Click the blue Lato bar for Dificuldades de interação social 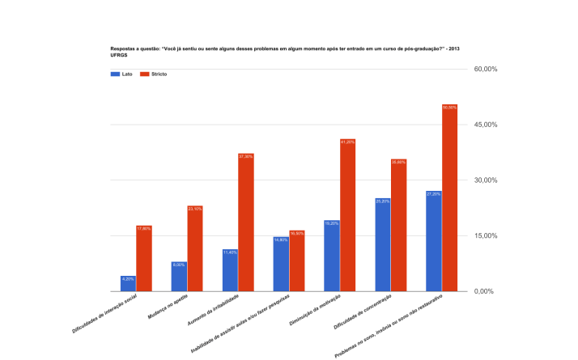point(128,283)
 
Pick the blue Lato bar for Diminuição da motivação point(331,256)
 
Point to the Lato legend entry point(121,74)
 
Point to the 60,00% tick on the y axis point(485,70)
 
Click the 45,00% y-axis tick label point(485,125)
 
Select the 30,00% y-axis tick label point(485,180)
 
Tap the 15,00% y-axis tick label point(485,235)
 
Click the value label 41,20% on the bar point(348,142)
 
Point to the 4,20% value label point(128,279)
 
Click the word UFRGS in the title point(119,55)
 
